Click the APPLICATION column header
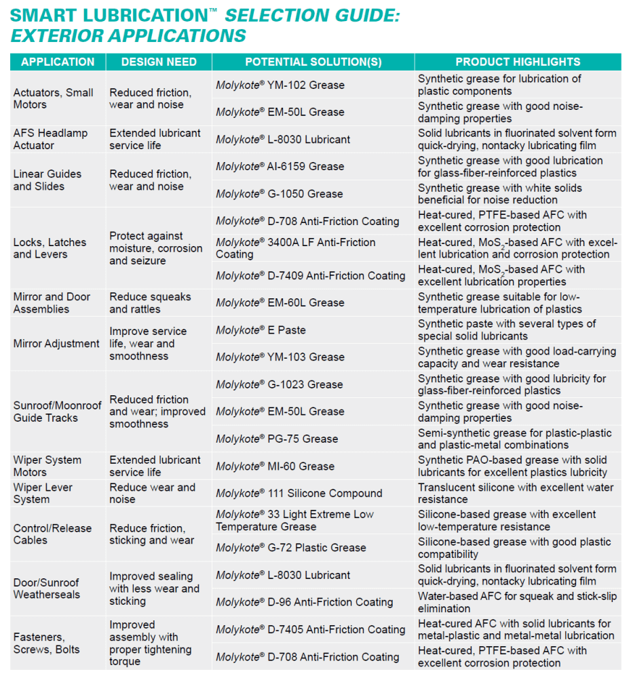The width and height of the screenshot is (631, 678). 58,62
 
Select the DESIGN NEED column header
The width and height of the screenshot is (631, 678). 159,62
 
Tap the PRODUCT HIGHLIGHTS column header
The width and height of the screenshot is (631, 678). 518,62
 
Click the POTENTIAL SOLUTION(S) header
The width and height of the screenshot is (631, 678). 313,62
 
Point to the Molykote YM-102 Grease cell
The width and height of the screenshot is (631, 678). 280,85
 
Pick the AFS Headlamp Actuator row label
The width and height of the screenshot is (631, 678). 50,139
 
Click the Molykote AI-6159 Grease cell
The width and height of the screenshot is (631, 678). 280,167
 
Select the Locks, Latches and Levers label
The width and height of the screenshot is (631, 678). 50,248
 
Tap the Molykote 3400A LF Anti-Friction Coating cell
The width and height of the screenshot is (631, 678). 295,248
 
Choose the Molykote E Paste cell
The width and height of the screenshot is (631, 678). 261,330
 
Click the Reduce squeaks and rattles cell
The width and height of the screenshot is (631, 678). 150,303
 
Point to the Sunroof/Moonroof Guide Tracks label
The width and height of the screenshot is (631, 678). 57,412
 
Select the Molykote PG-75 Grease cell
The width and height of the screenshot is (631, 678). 277,439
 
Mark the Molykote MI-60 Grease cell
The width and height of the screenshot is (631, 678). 275,466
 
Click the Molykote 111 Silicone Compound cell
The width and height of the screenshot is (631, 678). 299,494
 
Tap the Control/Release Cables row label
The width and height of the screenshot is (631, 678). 52,534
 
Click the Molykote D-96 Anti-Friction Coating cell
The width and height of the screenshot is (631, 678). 304,602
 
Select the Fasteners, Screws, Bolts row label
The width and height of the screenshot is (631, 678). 46,643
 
